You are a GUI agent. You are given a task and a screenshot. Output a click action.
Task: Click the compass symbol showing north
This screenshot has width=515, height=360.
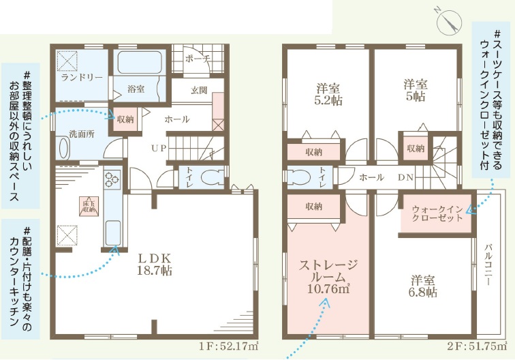coord(449,22)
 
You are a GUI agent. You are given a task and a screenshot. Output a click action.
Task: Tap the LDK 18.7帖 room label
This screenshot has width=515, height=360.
coord(155,264)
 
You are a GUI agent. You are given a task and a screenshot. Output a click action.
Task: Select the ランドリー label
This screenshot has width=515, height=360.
coord(82,78)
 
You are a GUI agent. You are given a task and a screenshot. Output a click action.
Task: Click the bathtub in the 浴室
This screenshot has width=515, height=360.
coord(140,62)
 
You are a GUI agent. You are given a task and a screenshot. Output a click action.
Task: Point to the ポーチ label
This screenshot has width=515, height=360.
coord(198,59)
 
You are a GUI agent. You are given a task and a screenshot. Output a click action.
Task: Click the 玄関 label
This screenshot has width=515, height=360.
coord(199,90)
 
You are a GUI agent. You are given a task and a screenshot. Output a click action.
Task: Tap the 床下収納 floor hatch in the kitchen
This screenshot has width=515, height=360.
coord(88,206)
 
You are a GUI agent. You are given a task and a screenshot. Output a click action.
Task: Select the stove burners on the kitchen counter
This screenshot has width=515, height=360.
coord(112,180)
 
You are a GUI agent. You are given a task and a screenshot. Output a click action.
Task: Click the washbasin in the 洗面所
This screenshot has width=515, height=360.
coord(64,148)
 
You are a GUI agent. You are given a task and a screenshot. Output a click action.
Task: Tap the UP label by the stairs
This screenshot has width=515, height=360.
coord(159,148)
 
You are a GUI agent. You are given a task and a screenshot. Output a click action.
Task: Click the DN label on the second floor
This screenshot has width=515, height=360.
coord(405,177)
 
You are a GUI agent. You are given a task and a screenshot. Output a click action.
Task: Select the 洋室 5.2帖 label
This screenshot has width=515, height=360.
coord(328,94)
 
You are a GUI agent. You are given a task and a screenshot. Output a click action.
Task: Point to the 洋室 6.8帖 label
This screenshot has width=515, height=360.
coord(423,286)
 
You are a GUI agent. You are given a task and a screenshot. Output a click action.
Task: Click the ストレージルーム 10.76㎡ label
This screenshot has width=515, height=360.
coord(328,277)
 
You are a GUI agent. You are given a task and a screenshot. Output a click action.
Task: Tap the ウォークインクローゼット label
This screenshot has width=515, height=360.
coord(437,213)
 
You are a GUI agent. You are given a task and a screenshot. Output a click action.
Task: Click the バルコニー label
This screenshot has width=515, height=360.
coord(488,265)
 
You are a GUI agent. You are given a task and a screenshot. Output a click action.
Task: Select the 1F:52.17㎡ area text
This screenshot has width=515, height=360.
coord(228,346)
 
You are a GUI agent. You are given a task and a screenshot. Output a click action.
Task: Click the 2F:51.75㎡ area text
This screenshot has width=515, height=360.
coord(477,346)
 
